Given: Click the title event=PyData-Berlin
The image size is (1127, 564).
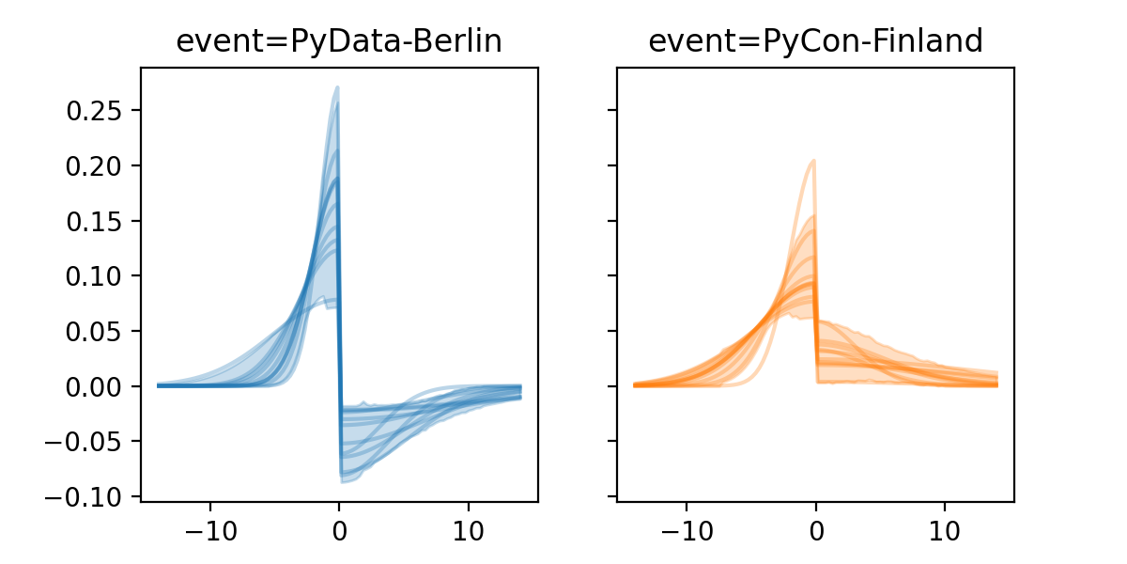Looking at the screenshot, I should (339, 41).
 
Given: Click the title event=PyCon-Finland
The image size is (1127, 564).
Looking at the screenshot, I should (815, 41).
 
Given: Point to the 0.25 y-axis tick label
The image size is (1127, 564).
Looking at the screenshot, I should (94, 111).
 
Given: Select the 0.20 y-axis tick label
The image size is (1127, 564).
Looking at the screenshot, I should (94, 166).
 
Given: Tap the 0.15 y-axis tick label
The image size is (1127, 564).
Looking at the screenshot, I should (94, 221).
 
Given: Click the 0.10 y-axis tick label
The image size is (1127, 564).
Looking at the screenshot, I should (94, 276).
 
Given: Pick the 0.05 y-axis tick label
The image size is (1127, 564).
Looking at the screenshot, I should (94, 331).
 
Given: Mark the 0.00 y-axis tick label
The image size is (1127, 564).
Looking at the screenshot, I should (94, 386).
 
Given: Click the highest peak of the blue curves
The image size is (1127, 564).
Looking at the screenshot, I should (337, 87).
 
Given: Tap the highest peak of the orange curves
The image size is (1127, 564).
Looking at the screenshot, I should (813, 161).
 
